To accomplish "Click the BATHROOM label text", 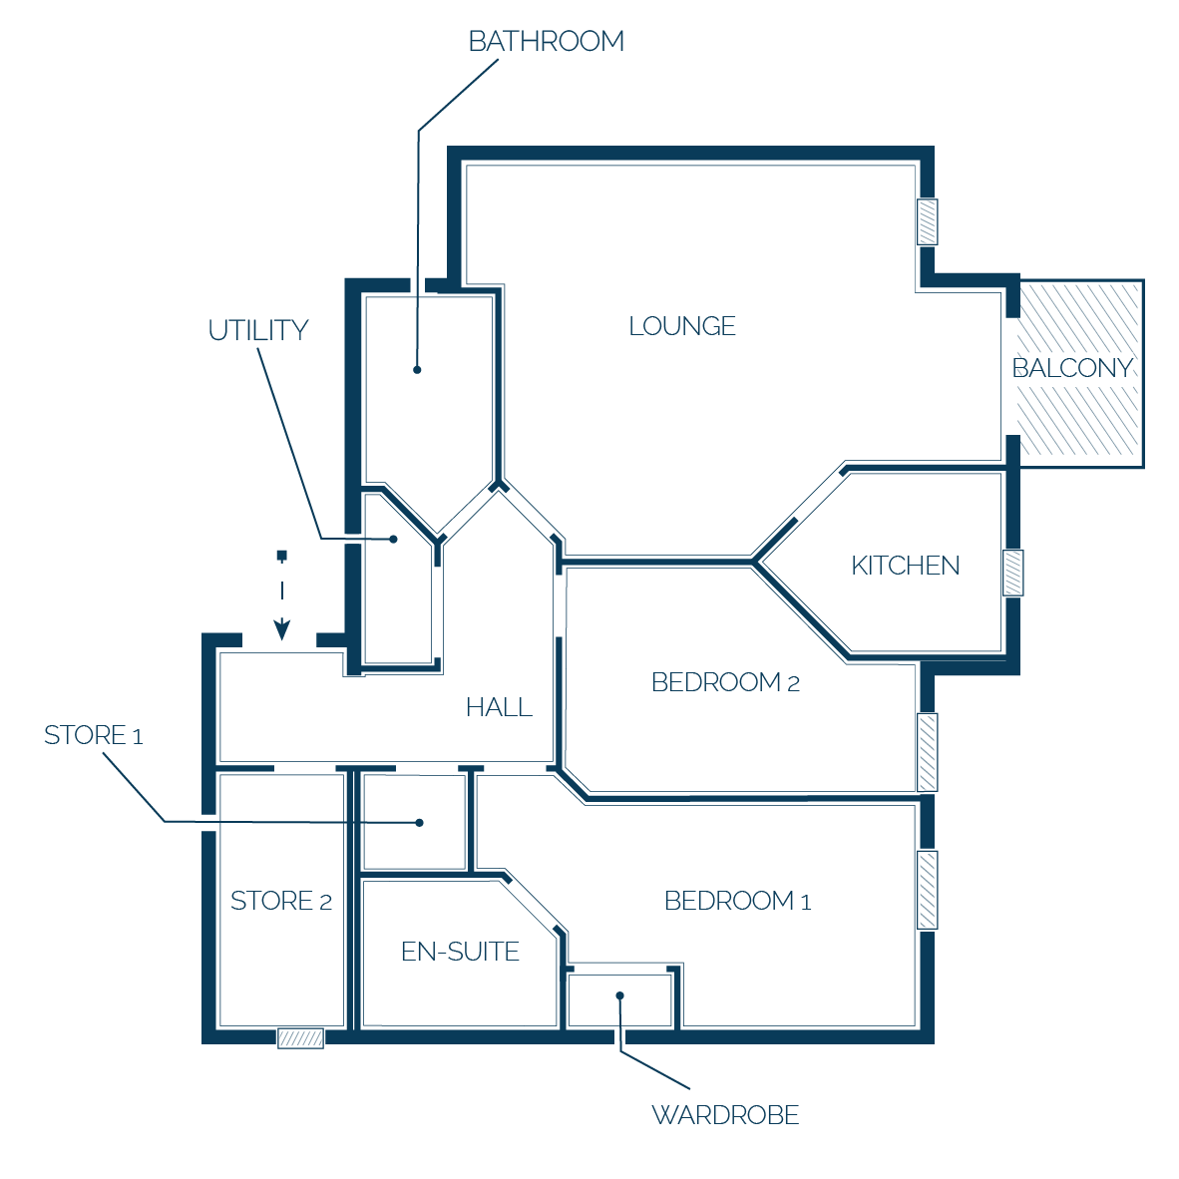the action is pyautogui.click(x=546, y=41).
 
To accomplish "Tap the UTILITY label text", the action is pyautogui.click(x=258, y=331).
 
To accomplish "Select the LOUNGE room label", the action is pyautogui.click(x=682, y=326).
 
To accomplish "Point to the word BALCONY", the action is pyautogui.click(x=1072, y=368).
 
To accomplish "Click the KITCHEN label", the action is pyautogui.click(x=906, y=566).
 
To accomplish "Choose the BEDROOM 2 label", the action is pyautogui.click(x=725, y=682).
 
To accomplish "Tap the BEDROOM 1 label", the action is pyautogui.click(x=738, y=900).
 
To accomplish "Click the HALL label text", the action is pyautogui.click(x=499, y=707).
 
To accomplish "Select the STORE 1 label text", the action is pyautogui.click(x=93, y=734).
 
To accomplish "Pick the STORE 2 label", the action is pyautogui.click(x=280, y=900).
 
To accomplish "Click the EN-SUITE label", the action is pyautogui.click(x=460, y=952).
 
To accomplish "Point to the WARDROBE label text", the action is pyautogui.click(x=725, y=1114).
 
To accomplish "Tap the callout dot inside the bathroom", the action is pyautogui.click(x=417, y=370).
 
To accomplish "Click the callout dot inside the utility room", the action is pyautogui.click(x=393, y=539).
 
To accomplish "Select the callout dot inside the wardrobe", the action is pyautogui.click(x=620, y=995).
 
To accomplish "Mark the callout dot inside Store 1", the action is pyautogui.click(x=420, y=823).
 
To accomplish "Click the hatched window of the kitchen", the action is pyautogui.click(x=1012, y=573).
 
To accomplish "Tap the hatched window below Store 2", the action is pyautogui.click(x=301, y=1038).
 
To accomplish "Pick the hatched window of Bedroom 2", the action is pyautogui.click(x=927, y=752).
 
